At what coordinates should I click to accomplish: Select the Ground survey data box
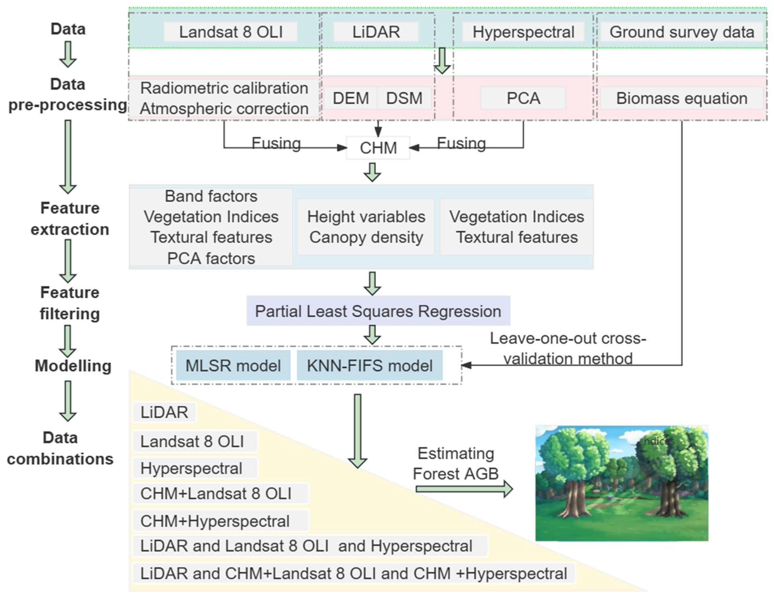[x=682, y=32]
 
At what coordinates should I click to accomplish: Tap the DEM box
[x=351, y=98]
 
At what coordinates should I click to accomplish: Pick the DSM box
[x=404, y=98]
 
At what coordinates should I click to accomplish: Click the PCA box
[x=523, y=98]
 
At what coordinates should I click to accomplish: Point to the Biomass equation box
[x=682, y=98]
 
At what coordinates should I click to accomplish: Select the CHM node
[x=378, y=148]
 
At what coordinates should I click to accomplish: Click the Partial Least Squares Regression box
[x=378, y=311]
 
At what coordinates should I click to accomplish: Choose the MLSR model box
[x=233, y=365]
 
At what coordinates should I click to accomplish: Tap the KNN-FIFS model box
[x=370, y=365]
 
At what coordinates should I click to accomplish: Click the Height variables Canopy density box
[x=366, y=227]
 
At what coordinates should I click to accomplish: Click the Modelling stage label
[x=73, y=365]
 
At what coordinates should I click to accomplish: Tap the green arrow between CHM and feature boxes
[x=372, y=172]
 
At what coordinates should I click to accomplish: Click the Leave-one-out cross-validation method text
[x=568, y=348]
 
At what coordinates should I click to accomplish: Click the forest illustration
[x=622, y=483]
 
